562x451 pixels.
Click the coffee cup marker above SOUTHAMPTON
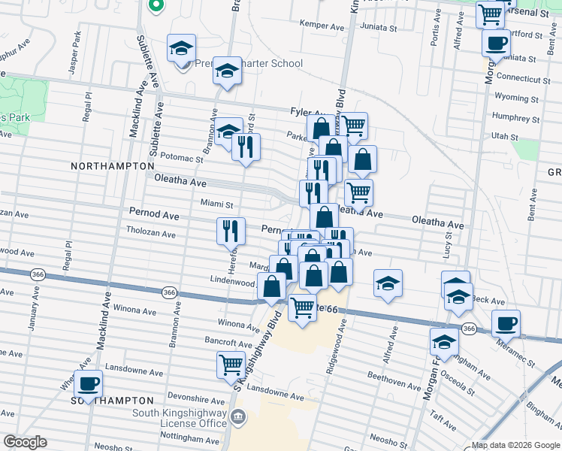88,383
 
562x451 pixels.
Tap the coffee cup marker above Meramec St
506,323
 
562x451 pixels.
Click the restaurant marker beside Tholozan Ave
231,230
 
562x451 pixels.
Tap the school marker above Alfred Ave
388,283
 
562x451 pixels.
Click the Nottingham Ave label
176,436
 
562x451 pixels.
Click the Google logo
25,442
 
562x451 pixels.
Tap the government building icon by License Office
239,416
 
